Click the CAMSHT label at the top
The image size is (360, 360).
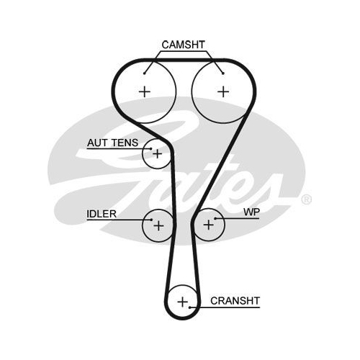tap(184, 45)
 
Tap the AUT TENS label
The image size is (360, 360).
tap(112, 143)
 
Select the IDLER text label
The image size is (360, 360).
tap(102, 214)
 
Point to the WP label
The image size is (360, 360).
tap(251, 212)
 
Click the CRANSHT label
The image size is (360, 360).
tap(235, 301)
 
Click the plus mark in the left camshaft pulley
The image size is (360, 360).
tap(145, 91)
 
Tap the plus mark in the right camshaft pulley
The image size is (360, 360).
tap(223, 91)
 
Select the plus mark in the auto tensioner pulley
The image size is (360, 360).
tap(158, 153)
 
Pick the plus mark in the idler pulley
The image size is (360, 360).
tap(158, 225)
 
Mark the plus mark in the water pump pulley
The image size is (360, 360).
tap(208, 225)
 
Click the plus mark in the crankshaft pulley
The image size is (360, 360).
tap(183, 302)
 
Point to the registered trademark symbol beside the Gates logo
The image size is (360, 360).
tap(307, 199)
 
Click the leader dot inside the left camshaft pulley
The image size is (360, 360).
tap(144, 73)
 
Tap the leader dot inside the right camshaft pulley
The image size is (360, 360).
tap(223, 73)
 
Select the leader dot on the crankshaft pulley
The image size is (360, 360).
tap(189, 307)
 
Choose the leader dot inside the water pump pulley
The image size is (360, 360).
tap(215, 218)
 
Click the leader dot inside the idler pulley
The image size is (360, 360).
tap(151, 220)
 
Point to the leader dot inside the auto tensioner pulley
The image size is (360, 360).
tap(151, 149)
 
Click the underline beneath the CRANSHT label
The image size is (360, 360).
tap(225, 307)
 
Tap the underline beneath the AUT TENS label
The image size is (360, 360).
tap(119, 149)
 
